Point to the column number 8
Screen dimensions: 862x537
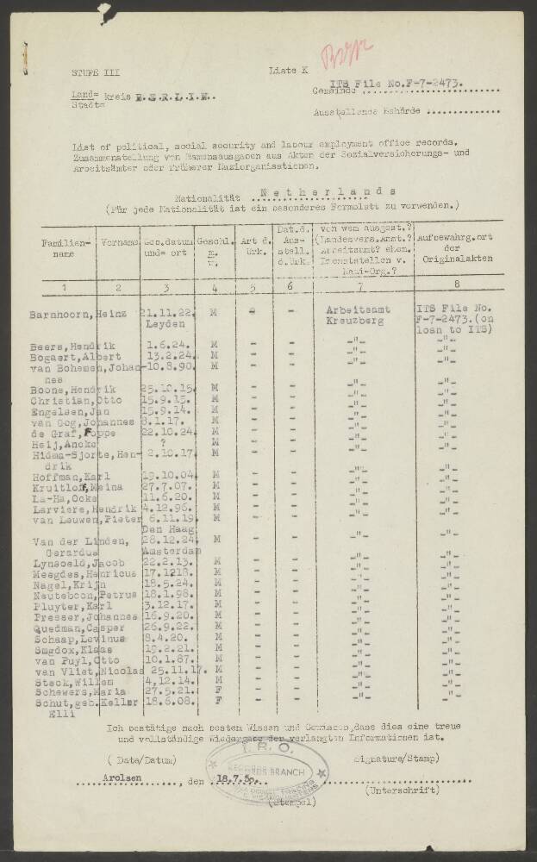click(457, 284)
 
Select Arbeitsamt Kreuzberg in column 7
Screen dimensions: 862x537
click(358, 315)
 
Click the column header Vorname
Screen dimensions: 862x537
click(118, 244)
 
